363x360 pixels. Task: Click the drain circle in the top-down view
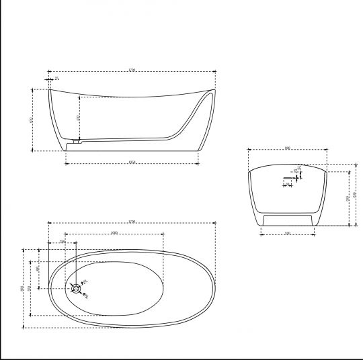[76, 288]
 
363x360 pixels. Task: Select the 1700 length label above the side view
[132, 70]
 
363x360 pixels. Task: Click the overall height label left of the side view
[31, 120]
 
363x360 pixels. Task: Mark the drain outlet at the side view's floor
[76, 142]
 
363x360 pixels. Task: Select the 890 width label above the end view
[287, 148]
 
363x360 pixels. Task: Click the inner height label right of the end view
[347, 199]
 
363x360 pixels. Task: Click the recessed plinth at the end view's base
[287, 220]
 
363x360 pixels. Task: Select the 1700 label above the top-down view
[132, 221]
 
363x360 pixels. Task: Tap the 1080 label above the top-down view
[115, 233]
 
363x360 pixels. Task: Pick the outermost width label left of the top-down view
[23, 289]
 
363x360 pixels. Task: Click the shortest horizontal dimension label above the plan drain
[63, 241]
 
